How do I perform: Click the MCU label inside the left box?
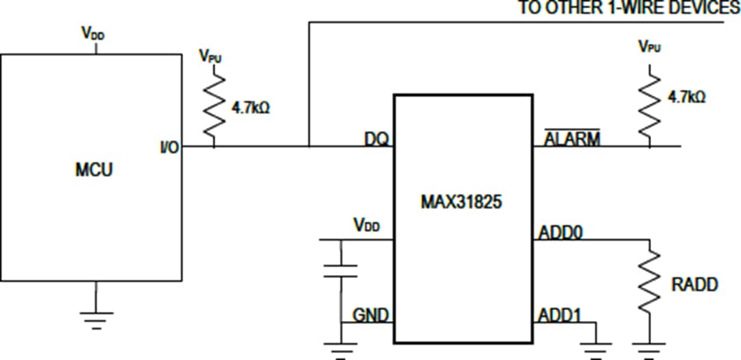click(93, 169)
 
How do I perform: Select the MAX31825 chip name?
click(462, 204)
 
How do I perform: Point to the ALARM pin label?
click(572, 139)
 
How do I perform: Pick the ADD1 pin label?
click(559, 315)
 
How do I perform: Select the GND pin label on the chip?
click(370, 315)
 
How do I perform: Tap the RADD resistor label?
click(694, 284)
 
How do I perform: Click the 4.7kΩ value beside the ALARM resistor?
click(687, 97)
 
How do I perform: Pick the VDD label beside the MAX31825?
click(366, 226)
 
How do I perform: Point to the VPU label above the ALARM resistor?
click(648, 47)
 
